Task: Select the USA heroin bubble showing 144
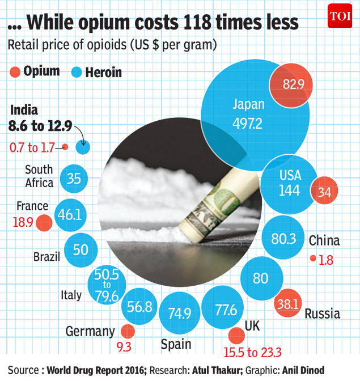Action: [289, 183]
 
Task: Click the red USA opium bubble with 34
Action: [325, 191]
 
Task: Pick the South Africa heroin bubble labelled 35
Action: [74, 178]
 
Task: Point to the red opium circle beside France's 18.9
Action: [44, 223]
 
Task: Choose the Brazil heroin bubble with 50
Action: [80, 249]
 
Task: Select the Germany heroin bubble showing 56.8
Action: [139, 307]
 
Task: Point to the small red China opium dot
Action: [313, 259]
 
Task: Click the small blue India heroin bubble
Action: [83, 148]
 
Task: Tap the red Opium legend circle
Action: [15, 72]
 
